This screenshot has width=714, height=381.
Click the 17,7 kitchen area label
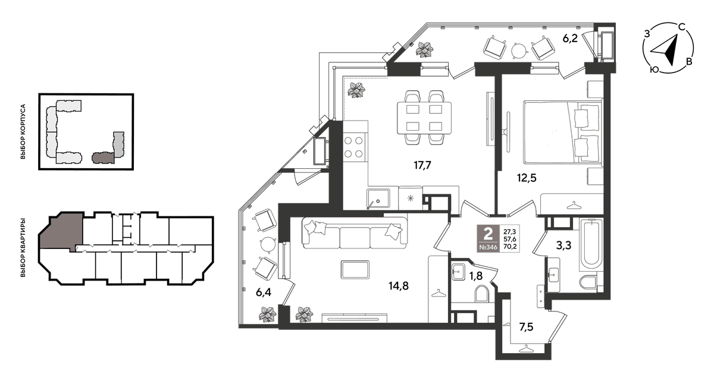pyautogui.click(x=422, y=165)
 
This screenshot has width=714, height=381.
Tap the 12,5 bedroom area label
pyautogui.click(x=527, y=178)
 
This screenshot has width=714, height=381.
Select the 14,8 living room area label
pyautogui.click(x=399, y=286)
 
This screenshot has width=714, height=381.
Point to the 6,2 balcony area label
pyautogui.click(x=570, y=39)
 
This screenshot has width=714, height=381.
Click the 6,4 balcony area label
pyautogui.click(x=264, y=292)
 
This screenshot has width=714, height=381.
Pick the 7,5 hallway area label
pyautogui.click(x=526, y=327)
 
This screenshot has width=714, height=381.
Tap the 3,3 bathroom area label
pyautogui.click(x=563, y=245)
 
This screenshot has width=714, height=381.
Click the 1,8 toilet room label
pyautogui.click(x=475, y=276)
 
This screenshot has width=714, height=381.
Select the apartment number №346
pyautogui.click(x=488, y=247)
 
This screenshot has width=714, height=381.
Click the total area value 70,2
pyautogui.click(x=510, y=246)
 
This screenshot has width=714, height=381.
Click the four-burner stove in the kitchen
pyautogui.click(x=353, y=147)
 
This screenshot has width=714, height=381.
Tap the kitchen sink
pyautogui.click(x=378, y=199)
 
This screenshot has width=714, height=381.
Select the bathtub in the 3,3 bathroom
pyautogui.click(x=591, y=245)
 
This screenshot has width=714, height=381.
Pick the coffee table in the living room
pyautogui.click(x=355, y=270)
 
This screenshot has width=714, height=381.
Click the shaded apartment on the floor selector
pyautogui.click(x=61, y=231)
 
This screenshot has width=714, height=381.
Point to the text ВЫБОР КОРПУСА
pyautogui.click(x=23, y=131)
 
